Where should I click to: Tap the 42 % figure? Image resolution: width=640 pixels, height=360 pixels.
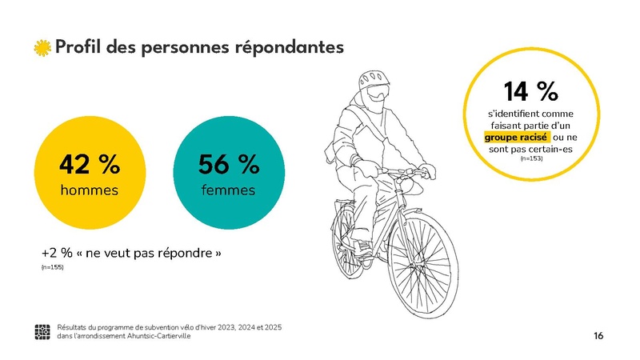90,165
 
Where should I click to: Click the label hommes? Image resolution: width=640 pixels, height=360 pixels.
90,190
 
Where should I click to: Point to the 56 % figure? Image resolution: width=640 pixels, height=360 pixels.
228,165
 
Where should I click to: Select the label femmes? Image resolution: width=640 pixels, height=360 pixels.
228,190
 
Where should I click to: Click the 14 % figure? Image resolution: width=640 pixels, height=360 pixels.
530,91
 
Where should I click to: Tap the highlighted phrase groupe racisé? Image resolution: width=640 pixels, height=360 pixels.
516,138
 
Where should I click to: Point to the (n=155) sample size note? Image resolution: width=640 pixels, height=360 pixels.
52,267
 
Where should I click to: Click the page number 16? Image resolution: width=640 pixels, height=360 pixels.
598,334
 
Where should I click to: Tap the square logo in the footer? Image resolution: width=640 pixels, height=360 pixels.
43,332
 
